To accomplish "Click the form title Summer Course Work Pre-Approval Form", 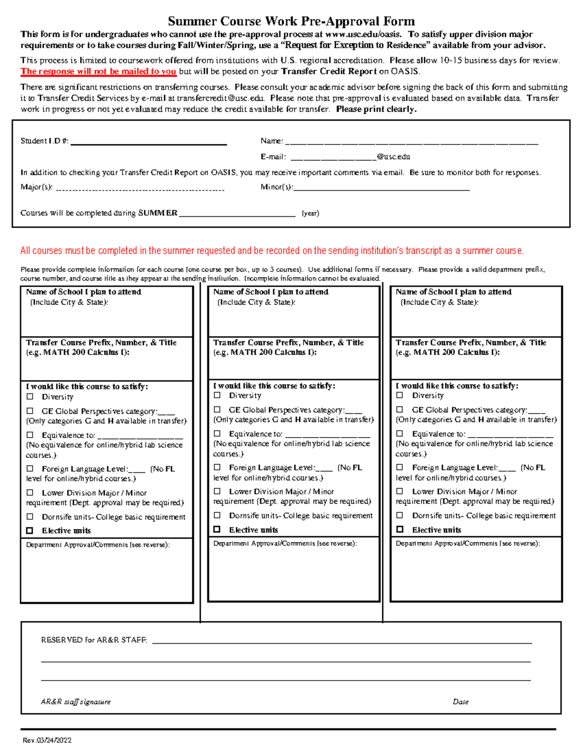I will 291,21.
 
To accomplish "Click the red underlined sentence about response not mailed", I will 98,71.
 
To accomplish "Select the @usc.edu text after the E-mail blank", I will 394,157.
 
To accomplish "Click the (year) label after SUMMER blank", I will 310,213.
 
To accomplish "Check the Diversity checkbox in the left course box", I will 30,397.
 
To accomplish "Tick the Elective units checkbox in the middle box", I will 217,529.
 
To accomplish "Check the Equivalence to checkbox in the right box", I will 400,433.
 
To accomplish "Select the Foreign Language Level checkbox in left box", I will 30,469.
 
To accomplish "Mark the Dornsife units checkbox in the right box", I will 400,515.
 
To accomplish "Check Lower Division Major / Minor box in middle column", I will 217,491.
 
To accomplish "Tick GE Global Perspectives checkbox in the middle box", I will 217,409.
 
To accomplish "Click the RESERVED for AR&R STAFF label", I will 94,640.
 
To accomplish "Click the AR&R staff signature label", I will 76,702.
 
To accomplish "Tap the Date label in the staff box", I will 461,702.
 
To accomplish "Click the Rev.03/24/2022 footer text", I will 47,740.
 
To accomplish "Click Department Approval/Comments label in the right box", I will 467,544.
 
